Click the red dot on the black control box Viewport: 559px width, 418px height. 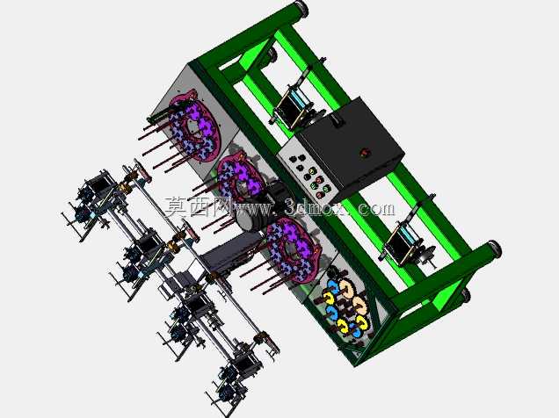365,153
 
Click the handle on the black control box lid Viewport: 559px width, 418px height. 337,120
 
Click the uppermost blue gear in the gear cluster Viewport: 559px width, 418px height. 333,285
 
